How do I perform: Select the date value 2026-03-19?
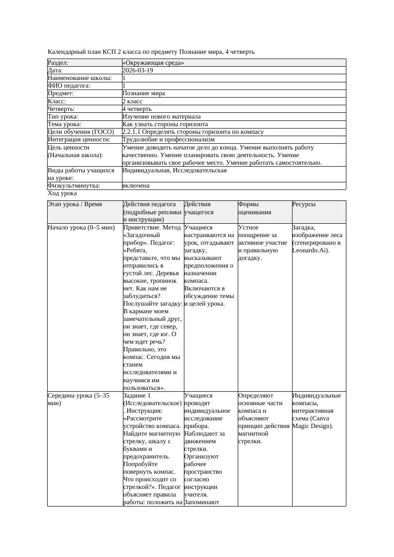[138, 70]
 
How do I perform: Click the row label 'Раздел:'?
[58, 63]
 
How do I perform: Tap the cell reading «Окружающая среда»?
[153, 63]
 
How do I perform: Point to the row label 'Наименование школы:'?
[80, 78]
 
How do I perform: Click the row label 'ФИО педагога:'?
[70, 86]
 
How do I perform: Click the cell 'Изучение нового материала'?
[162, 117]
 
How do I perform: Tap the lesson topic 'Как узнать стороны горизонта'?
[165, 124]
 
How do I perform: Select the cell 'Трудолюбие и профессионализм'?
[168, 139]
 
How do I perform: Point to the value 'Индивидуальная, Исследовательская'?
[174, 170]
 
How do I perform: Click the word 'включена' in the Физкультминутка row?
[136, 186]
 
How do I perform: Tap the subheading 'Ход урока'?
[62, 193]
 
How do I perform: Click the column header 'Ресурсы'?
[304, 204]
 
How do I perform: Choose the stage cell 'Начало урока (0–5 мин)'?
[81, 228]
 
